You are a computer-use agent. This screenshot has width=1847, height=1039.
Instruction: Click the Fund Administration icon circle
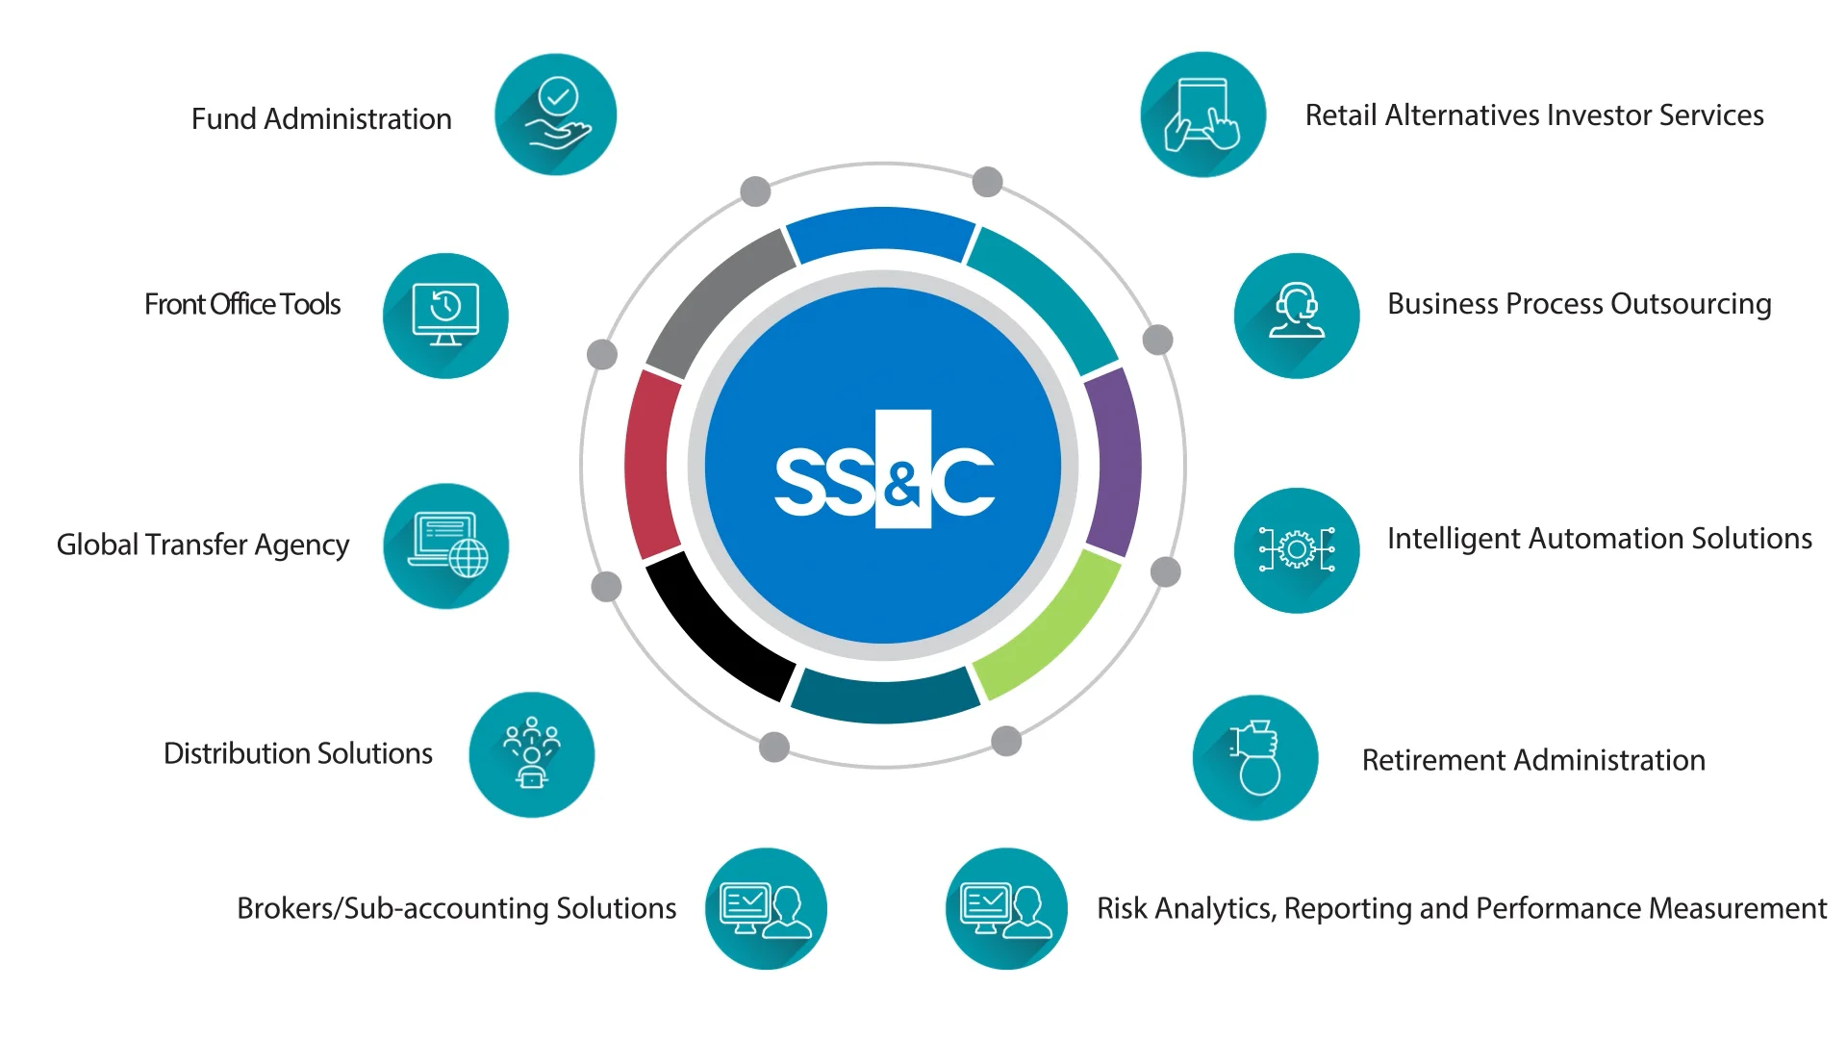(555, 114)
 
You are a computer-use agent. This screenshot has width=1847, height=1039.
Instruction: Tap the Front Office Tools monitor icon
(445, 316)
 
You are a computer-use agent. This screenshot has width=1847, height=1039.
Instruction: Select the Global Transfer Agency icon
(445, 545)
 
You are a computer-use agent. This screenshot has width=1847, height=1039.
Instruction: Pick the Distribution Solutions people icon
(531, 754)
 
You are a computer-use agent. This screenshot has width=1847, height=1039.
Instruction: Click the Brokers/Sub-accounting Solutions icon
(766, 908)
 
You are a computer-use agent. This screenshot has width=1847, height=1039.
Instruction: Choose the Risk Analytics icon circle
(1006, 908)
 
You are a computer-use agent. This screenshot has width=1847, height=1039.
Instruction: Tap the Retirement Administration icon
(1255, 758)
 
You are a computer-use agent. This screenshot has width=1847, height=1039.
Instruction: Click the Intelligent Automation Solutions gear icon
(1297, 550)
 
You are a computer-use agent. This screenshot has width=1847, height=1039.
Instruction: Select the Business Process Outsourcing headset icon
(1297, 316)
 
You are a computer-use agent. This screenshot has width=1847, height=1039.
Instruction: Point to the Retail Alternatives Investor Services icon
(1202, 114)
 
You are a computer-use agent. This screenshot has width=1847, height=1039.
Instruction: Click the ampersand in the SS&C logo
(902, 484)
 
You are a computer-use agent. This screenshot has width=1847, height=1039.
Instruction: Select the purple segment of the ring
(1115, 462)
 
